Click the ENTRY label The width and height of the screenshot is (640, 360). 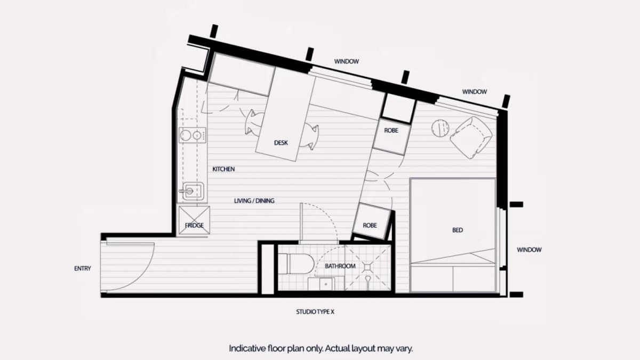point(83,269)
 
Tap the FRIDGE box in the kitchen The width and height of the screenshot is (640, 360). point(194,220)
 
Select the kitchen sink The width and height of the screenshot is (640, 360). point(193,191)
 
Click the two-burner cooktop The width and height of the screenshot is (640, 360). point(193,135)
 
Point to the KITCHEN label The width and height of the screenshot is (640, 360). point(223,169)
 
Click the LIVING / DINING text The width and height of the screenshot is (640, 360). point(254,201)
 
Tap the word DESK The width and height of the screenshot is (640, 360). point(281,142)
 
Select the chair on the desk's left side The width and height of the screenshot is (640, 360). point(254,122)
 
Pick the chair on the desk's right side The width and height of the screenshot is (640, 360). point(309,137)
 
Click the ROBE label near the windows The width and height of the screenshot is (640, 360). point(391,131)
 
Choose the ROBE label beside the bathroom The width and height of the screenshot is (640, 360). point(370,226)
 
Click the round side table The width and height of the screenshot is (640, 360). point(440,128)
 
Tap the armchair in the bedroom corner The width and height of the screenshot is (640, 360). point(471,138)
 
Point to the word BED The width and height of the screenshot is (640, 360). point(458,230)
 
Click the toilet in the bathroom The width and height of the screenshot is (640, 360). point(297,264)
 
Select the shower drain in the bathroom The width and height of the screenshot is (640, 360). point(367,267)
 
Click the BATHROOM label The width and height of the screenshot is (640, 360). point(340,266)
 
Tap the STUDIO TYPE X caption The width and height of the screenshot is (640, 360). point(315,311)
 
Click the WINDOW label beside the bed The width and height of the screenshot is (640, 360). point(529,250)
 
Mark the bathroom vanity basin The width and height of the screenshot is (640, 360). point(321,284)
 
